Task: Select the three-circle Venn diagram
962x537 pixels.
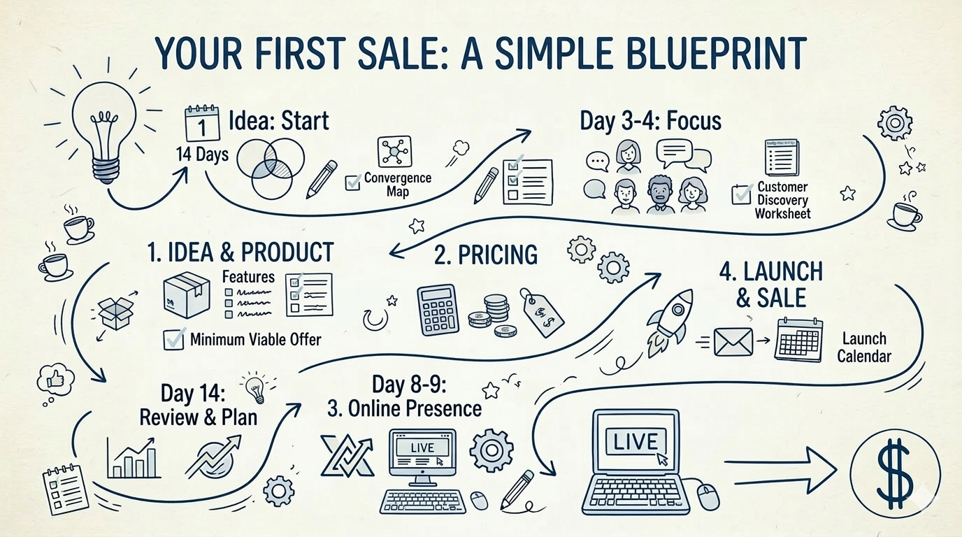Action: [269, 166]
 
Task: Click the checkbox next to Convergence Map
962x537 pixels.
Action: [353, 183]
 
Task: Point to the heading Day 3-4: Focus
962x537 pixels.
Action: [650, 120]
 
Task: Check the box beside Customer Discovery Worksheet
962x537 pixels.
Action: [741, 194]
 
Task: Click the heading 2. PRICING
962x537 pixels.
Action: [486, 255]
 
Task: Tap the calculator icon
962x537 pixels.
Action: [437, 308]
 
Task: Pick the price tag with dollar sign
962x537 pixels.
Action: [542, 313]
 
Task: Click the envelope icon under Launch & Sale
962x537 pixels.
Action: [733, 342]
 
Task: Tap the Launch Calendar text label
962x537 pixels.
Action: [864, 348]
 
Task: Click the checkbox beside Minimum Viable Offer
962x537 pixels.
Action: [173, 340]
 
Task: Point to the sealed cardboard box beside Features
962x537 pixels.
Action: [186, 294]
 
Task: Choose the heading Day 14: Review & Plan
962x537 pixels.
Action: [198, 405]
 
